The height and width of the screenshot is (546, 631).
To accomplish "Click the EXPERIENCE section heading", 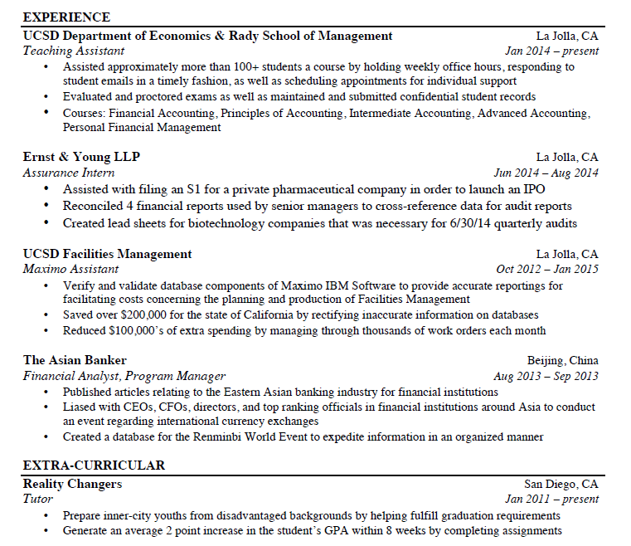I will point(66,17).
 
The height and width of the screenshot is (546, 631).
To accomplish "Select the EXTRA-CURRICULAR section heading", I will point(94,465).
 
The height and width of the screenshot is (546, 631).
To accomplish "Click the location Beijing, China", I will point(562,360).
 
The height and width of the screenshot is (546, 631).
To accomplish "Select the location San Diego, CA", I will point(561,484).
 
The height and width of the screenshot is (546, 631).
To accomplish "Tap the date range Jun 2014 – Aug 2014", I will point(546,173).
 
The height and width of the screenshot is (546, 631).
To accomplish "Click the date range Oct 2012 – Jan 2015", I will point(547,269).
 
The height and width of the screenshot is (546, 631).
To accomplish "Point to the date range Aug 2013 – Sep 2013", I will point(546,376).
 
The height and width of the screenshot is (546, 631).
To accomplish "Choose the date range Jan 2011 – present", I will point(551,500).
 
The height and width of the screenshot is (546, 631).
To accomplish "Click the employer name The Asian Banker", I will point(75,360).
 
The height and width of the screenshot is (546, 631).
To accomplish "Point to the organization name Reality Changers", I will point(72,484).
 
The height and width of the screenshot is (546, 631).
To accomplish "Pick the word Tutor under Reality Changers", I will point(37,500).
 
